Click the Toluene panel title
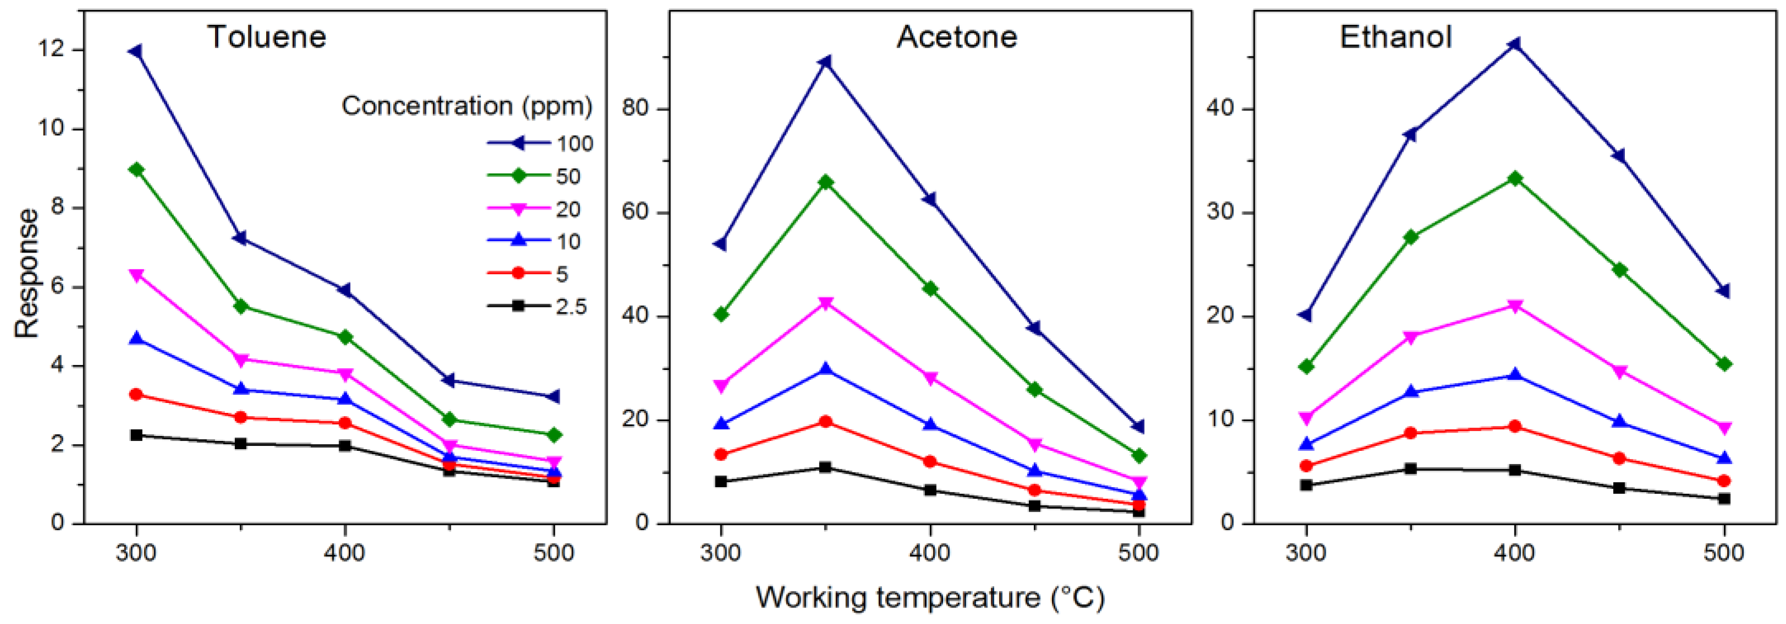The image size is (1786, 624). click(x=267, y=37)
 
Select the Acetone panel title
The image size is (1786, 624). click(x=957, y=37)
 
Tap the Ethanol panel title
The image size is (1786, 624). click(x=1395, y=37)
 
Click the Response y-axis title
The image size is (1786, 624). click(x=27, y=273)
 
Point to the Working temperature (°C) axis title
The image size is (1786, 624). click(x=930, y=597)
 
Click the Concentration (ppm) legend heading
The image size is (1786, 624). click(x=467, y=106)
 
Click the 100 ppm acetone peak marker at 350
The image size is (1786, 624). click(x=825, y=63)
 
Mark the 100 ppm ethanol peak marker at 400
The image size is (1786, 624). click(x=1514, y=45)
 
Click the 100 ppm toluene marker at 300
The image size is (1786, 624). click(x=136, y=51)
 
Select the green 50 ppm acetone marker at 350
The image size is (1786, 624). click(x=825, y=183)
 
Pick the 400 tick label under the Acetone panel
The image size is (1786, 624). click(x=930, y=553)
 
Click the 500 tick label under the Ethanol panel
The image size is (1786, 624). click(x=1724, y=553)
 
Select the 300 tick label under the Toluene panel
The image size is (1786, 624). click(x=136, y=553)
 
